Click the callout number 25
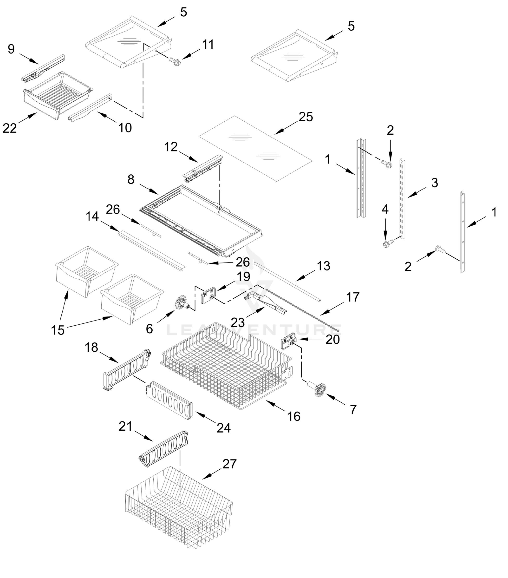[x=306, y=117]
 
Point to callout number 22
[x=10, y=128]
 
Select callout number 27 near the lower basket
[x=229, y=464]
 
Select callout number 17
[x=352, y=297]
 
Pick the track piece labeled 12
[x=202, y=169]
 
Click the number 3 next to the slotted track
[x=435, y=183]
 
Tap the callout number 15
[x=58, y=330]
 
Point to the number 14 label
[x=92, y=217]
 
